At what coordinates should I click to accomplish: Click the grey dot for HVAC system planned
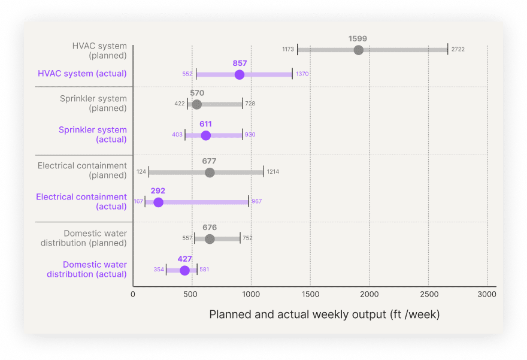pos(358,50)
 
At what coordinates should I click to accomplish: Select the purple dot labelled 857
pos(240,74)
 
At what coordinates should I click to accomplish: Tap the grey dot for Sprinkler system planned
pos(197,104)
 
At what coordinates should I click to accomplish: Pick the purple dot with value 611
pos(205,135)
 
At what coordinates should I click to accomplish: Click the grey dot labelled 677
pos(210,173)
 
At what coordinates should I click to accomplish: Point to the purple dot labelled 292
pos(158,202)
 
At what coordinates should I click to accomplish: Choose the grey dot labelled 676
pos(210,239)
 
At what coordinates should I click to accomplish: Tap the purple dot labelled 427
pos(184,270)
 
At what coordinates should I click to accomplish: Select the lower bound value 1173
pos(288,50)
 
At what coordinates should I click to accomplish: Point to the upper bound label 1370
pos(302,74)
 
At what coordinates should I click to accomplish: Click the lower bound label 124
pos(141,173)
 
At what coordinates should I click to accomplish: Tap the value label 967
pos(256,202)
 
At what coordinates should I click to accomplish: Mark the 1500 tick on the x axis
pos(310,294)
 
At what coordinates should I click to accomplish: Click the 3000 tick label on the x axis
pos(487,294)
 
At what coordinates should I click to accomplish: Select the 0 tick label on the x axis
pos(133,294)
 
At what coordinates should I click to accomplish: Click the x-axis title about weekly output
pos(324,314)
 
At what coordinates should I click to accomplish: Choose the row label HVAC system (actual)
pos(82,74)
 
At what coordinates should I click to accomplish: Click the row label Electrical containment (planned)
pos(82,171)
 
